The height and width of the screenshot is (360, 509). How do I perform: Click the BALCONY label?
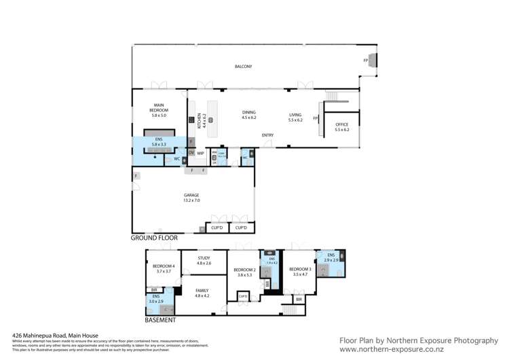(243, 66)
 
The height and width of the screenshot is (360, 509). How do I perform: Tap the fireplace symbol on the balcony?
(371, 60)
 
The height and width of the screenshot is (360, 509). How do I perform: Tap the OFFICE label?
(341, 126)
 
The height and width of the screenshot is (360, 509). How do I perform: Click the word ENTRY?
(268, 135)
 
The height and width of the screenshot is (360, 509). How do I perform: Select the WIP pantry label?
(200, 154)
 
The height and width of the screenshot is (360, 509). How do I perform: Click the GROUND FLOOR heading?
(154, 238)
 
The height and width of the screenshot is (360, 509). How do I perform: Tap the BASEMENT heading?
(160, 320)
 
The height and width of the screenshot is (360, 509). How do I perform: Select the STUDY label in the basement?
(204, 259)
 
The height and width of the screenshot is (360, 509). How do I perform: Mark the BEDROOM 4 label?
(164, 268)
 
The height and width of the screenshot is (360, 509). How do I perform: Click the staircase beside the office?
(333, 96)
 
